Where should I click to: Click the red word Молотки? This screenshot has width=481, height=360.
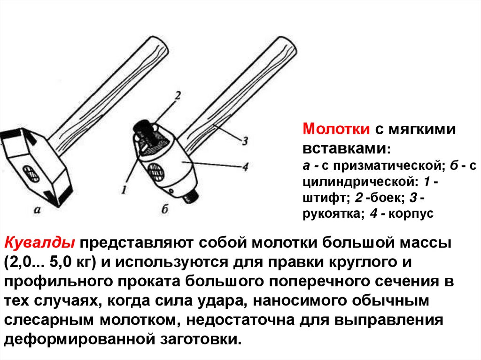pyautogui.click(x=336, y=129)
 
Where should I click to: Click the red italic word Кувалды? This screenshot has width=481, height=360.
pyautogui.click(x=39, y=243)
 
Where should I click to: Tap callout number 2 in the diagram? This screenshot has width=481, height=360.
pyautogui.click(x=178, y=96)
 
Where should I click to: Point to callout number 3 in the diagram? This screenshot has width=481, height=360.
pyautogui.click(x=244, y=141)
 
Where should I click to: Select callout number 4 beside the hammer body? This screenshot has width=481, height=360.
pyautogui.click(x=245, y=167)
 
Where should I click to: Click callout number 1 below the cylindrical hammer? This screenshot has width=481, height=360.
pyautogui.click(x=124, y=190)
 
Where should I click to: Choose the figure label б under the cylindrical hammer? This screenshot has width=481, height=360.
pyautogui.click(x=165, y=209)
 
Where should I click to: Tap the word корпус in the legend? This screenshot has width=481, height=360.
pyautogui.click(x=411, y=214)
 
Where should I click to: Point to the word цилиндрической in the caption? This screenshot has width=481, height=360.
pyautogui.click(x=360, y=182)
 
